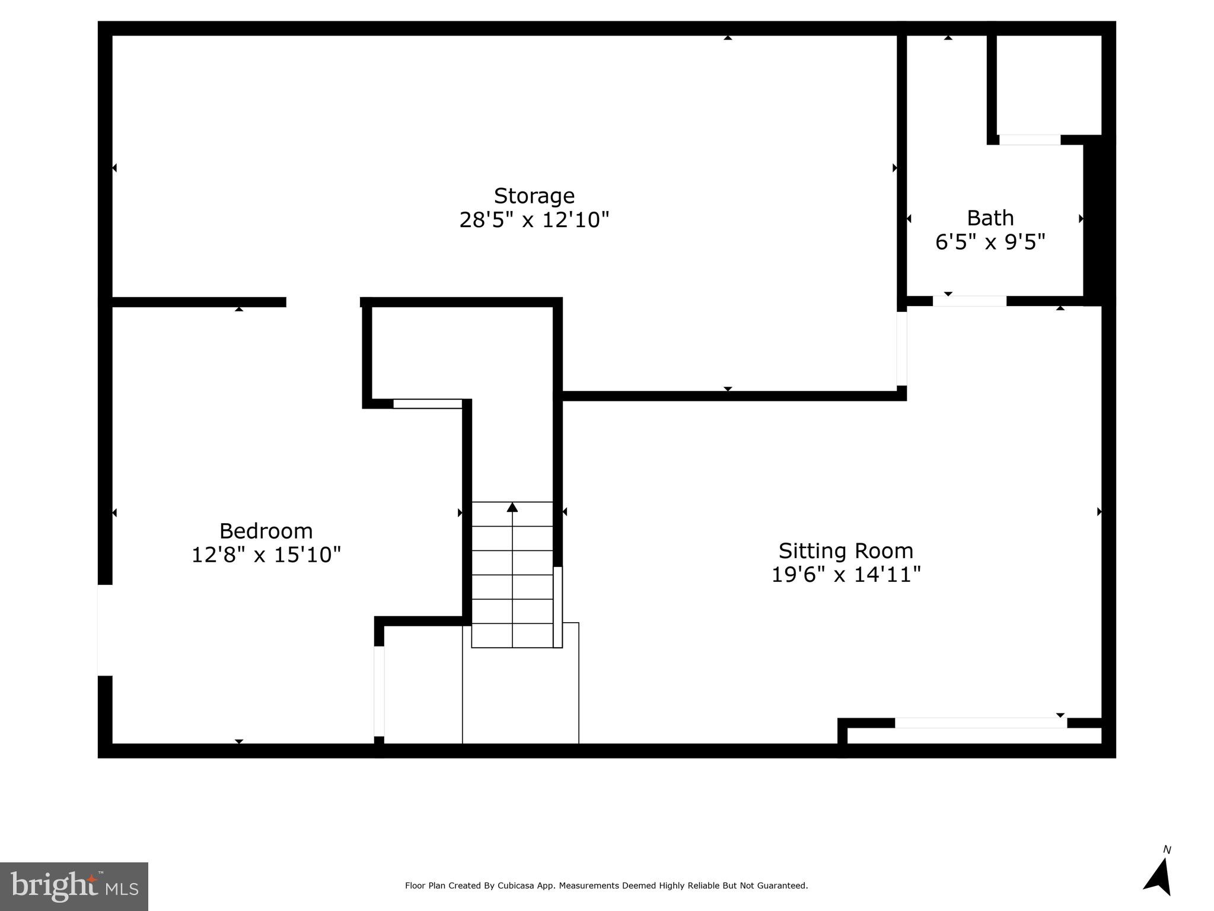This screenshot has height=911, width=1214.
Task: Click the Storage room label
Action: pyautogui.click(x=534, y=196)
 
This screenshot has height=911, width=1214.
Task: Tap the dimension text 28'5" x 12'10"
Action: pyautogui.click(x=534, y=220)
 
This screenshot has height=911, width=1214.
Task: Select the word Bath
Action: pyautogui.click(x=990, y=218)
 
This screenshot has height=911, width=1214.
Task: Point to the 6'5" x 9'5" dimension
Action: pyautogui.click(x=990, y=242)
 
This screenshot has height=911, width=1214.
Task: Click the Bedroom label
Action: pyautogui.click(x=266, y=530)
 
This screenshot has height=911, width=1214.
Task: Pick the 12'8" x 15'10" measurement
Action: pyautogui.click(x=266, y=555)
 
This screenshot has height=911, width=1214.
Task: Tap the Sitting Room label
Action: pyautogui.click(x=846, y=550)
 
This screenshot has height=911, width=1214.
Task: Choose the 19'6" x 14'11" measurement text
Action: pyautogui.click(x=846, y=575)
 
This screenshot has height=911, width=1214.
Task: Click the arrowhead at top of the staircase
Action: pyautogui.click(x=512, y=507)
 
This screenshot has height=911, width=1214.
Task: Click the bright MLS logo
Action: pyautogui.click(x=74, y=886)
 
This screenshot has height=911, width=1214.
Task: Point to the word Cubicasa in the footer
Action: pyautogui.click(x=514, y=885)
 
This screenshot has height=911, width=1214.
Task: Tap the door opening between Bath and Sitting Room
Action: pyautogui.click(x=969, y=301)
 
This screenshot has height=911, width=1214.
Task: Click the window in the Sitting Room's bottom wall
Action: pyautogui.click(x=980, y=722)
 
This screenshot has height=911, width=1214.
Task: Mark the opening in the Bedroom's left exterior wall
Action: pyautogui.click(x=105, y=630)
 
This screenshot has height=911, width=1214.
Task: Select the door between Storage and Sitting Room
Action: pyautogui.click(x=901, y=349)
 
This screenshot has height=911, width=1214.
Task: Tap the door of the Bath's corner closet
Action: pyautogui.click(x=1030, y=140)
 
